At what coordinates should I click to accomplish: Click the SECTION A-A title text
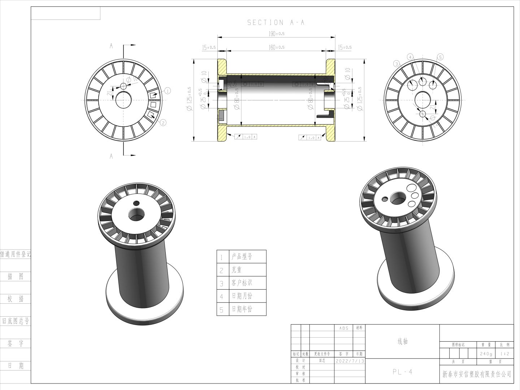tap(276, 22)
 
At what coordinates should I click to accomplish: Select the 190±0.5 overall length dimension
tap(277, 34)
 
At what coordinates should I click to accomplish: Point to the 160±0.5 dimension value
tap(277, 47)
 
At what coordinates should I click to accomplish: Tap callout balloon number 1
tap(168, 91)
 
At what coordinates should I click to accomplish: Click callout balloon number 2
tap(163, 123)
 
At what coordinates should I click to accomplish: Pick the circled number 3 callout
tap(397, 64)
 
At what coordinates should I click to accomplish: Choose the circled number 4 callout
tap(410, 57)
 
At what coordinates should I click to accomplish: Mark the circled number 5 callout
tap(440, 57)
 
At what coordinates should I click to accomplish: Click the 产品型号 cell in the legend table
tap(242, 257)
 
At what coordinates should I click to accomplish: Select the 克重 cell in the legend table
tap(237, 270)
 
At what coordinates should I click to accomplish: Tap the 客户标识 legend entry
tap(242, 283)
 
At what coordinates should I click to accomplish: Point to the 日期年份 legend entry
tap(242, 309)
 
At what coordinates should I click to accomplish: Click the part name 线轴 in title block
tap(402, 341)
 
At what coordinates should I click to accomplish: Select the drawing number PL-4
tap(402, 372)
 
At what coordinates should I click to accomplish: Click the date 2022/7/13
tap(350, 361)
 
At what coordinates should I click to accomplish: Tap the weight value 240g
tap(486, 354)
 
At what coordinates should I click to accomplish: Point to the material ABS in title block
tap(344, 328)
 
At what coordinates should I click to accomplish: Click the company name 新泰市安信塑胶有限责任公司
tap(477, 374)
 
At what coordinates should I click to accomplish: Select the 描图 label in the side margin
tap(16, 276)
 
